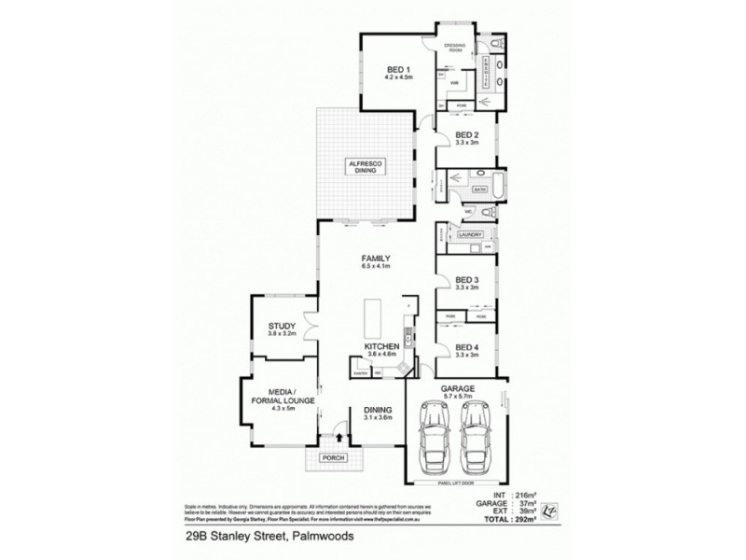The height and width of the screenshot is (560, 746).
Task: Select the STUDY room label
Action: (281, 327)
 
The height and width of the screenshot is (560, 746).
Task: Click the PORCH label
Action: (331, 457)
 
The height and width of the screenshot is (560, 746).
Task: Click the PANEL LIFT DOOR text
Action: (453, 484)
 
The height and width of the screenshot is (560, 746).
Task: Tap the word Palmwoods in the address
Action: (326, 535)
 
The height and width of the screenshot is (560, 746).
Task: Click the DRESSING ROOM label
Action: (454, 47)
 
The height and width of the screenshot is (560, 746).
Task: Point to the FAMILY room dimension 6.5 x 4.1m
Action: (375, 267)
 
